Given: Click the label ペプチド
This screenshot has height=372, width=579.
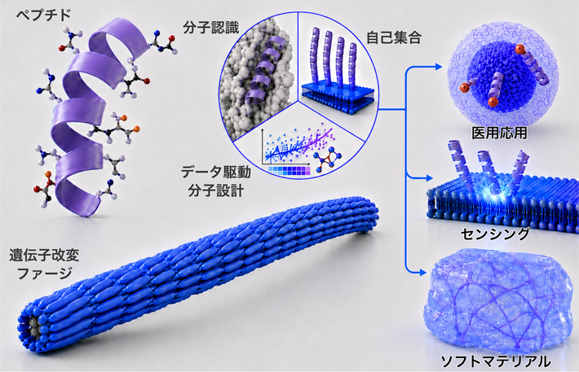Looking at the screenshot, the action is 43,15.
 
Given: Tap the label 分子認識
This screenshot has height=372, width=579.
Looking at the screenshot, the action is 211,28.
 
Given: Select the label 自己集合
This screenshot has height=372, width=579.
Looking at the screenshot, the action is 394,38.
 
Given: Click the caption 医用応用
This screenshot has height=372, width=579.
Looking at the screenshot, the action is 499,133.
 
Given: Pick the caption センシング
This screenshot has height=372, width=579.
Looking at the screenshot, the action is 495,234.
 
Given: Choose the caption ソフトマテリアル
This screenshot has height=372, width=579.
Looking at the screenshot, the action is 496,361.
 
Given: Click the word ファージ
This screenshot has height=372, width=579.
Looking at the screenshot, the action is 45,274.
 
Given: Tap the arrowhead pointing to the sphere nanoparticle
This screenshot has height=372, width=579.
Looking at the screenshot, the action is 438,67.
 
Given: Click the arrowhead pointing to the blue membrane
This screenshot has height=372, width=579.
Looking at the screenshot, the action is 429,178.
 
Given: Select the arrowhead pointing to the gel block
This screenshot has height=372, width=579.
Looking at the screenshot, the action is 422,273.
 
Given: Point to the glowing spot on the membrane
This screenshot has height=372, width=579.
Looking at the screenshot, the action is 492,191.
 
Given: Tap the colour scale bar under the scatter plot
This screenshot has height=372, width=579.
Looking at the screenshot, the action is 289,170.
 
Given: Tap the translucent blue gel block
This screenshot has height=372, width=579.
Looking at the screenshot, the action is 499,302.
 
